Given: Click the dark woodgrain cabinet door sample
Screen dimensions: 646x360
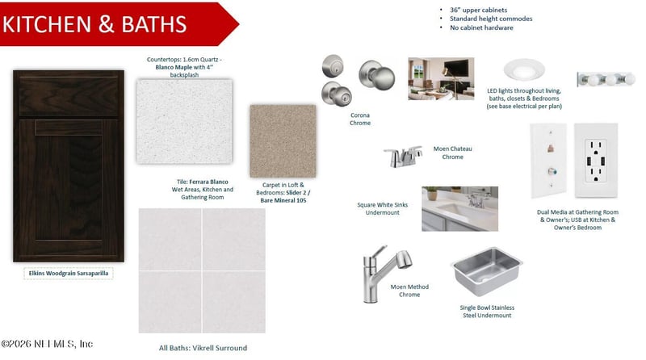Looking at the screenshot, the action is pos(69,165).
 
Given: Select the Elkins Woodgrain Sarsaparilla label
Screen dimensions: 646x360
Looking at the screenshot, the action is pos(69,274).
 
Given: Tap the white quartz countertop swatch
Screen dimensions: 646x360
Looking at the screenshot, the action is pos(184,122).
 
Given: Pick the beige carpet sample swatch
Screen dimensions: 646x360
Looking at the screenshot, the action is pos(283,141).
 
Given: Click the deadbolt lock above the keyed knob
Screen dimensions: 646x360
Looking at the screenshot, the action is pos(333,66).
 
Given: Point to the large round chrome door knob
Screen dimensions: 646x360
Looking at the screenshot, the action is pos(377,74).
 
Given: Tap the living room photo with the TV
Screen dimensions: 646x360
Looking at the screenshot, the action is pos(441,78).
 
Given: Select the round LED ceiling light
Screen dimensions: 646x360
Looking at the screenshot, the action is pos(524,69).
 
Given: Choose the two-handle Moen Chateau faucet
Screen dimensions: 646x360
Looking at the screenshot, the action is pos(403,157).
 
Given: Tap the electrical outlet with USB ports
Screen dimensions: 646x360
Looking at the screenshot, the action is pos(596,161).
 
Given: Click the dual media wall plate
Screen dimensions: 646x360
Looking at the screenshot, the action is pos(548,161).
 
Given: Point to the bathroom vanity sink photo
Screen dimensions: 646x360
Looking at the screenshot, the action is pos(459,208).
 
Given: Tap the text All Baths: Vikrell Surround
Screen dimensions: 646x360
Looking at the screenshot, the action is pos(203,348).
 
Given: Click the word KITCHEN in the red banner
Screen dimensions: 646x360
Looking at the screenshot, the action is pos(47,24).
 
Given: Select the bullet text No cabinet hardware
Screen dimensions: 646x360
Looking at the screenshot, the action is pos(481,27).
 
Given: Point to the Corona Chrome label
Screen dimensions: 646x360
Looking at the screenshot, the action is pos(360,119).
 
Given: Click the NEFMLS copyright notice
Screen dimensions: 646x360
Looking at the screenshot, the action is pos(47,344).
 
